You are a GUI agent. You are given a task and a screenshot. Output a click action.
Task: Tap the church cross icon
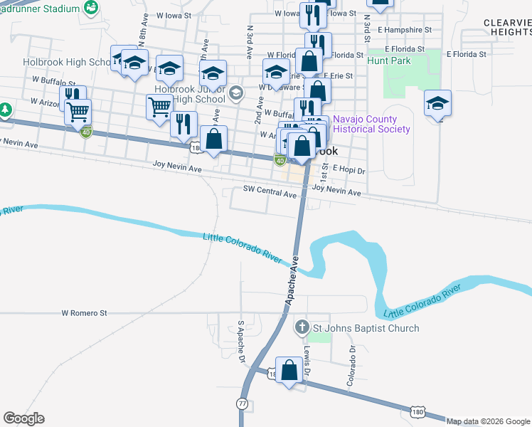click(x=302, y=328)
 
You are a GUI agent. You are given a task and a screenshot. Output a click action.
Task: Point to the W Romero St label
click(x=84, y=312)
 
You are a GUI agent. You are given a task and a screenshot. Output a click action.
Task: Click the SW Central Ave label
click(x=270, y=192)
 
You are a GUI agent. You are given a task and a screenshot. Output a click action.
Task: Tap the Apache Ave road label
click(x=294, y=283)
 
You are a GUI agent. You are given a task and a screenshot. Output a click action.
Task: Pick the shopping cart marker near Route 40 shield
click(x=78, y=112)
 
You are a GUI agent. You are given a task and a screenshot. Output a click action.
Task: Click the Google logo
click(x=24, y=418)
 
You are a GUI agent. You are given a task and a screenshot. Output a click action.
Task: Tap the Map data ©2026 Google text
click(x=488, y=421)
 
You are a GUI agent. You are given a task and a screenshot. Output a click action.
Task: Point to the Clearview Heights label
click(x=507, y=28)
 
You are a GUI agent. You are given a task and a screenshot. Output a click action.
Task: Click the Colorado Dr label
click(x=351, y=369)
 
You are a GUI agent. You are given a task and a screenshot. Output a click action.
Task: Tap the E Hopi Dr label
click(x=349, y=171)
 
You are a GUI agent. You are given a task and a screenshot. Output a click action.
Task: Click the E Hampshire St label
click(x=405, y=30)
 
